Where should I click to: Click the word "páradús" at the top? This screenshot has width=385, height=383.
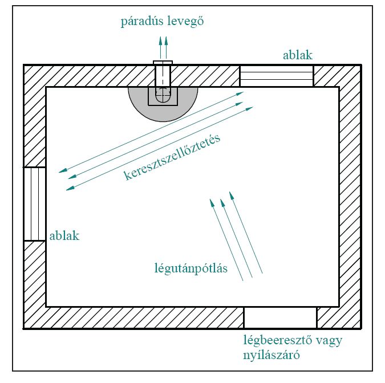[140, 22]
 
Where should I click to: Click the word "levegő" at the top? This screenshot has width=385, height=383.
[184, 22]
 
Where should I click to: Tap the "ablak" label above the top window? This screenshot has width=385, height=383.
[298, 55]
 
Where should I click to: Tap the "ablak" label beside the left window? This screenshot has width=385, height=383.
[64, 235]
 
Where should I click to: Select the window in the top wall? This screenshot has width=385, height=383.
[276, 76]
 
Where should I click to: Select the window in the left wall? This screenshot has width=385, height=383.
[34, 204]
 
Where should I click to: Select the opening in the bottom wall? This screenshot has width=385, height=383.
[280, 317]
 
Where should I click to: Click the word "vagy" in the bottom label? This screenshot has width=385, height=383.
[327, 341]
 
